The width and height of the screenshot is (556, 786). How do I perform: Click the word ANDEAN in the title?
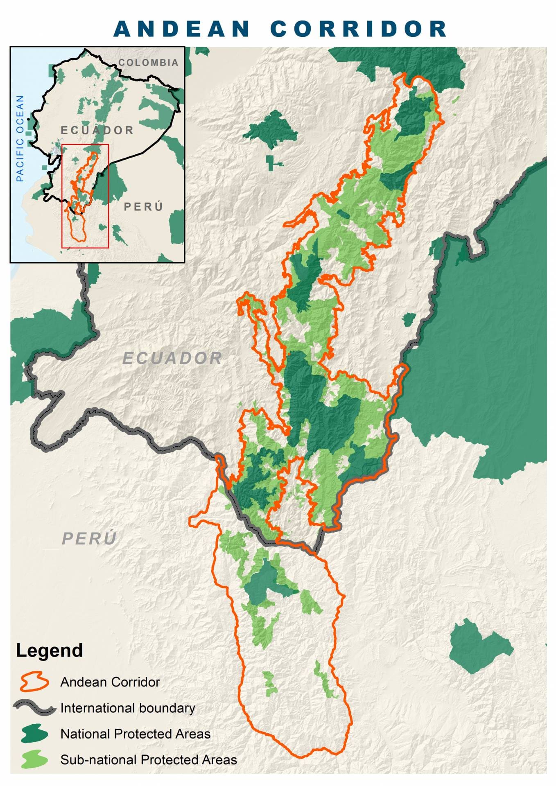tap(182, 29)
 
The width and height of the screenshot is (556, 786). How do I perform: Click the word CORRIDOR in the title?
tap(359, 29)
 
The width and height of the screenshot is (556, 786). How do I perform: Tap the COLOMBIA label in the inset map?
tap(148, 63)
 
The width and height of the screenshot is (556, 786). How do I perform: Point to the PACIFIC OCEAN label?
tap(20, 138)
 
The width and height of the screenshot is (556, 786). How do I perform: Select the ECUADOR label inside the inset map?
tap(97, 130)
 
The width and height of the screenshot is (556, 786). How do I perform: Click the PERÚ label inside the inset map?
tap(143, 206)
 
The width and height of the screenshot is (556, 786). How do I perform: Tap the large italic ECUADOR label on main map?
tap(172, 358)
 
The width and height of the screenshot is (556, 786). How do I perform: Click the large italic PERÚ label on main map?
tap(89, 538)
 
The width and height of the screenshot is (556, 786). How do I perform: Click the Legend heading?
tap(49, 650)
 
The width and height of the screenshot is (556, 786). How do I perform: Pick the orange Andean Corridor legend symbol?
tap(34, 682)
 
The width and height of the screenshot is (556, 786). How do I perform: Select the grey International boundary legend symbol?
tap(34, 707)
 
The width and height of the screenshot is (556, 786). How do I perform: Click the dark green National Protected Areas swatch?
tap(34, 734)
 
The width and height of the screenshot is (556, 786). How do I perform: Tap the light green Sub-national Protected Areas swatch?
tap(34, 759)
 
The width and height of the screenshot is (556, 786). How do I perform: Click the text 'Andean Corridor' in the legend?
tap(110, 682)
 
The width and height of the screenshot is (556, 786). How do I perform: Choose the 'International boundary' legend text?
tap(127, 708)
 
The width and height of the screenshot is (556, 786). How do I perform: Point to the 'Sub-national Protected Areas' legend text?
tap(148, 760)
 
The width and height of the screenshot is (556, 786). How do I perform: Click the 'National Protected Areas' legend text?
tap(135, 734)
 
